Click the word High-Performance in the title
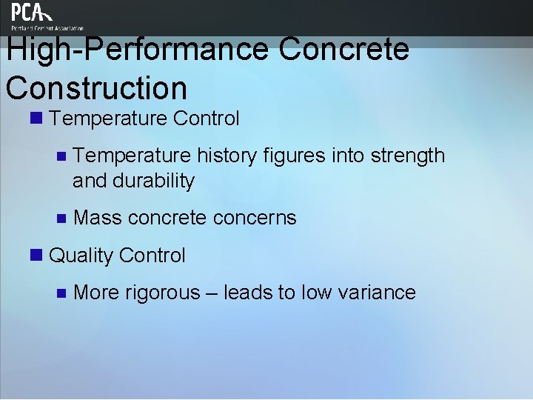[x=137, y=50]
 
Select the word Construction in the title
[x=96, y=87]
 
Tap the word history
[x=226, y=156]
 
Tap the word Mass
[x=98, y=218]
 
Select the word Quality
[x=80, y=256]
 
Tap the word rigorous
[x=163, y=293]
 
